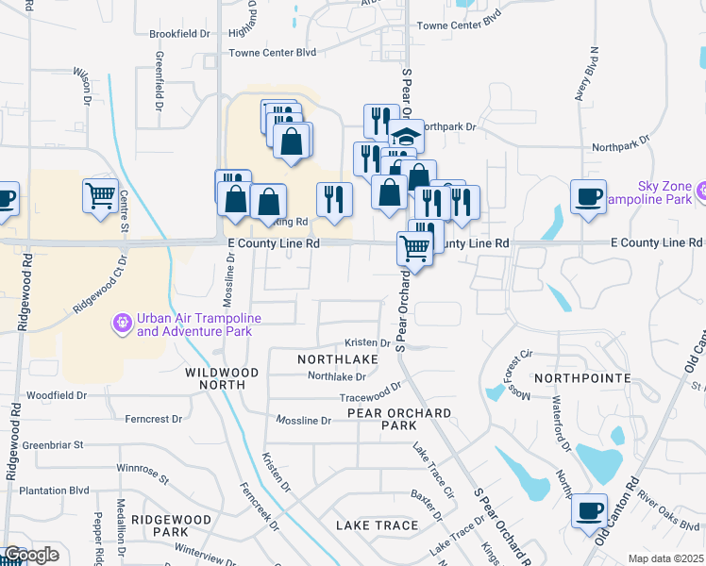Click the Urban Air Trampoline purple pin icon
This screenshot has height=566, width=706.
pyautogui.click(x=122, y=323)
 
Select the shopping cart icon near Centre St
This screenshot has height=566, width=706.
pyautogui.click(x=100, y=196)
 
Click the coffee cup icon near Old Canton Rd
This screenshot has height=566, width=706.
pyautogui.click(x=590, y=510)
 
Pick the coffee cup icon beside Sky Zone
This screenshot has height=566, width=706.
pyautogui.click(x=589, y=196)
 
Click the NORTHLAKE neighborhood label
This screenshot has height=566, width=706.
pyautogui.click(x=338, y=359)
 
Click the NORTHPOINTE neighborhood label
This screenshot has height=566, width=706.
pyautogui.click(x=581, y=378)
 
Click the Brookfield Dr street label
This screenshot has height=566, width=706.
pyautogui.click(x=179, y=34)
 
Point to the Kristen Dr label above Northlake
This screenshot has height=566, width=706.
pyautogui.click(x=368, y=343)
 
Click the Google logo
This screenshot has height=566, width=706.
pyautogui.click(x=30, y=555)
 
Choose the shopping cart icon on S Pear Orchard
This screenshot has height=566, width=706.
pyautogui.click(x=415, y=248)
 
